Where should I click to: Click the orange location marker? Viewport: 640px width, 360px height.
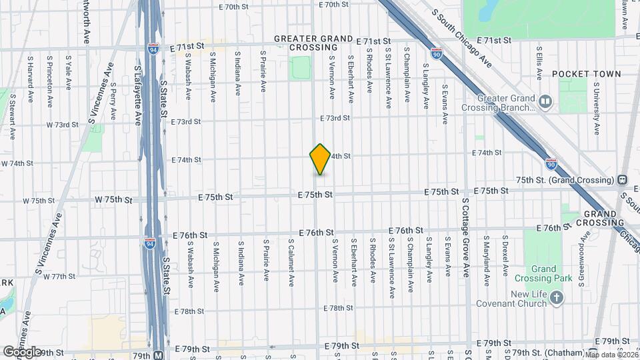pyautogui.click(x=320, y=159)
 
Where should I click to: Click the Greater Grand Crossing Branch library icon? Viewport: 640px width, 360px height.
pyautogui.click(x=546, y=101)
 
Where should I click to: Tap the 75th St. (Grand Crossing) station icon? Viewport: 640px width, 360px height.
pyautogui.click(x=621, y=180)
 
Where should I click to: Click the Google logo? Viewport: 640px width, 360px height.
pyautogui.click(x=22, y=351)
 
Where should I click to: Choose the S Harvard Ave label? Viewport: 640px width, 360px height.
pyautogui.click(x=31, y=79)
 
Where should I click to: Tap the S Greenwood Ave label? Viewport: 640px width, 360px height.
pyautogui.click(x=584, y=246)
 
